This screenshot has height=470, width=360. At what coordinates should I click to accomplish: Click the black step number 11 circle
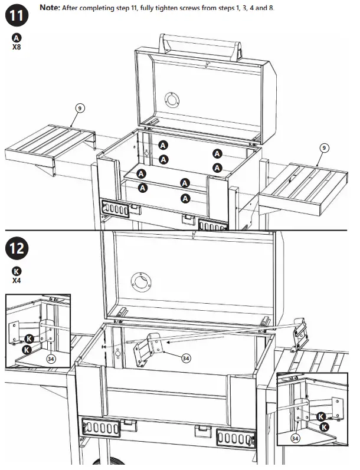coord(17,15)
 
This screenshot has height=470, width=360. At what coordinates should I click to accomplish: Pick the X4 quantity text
coord(17,281)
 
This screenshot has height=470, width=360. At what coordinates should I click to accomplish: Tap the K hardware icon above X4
coord(17,271)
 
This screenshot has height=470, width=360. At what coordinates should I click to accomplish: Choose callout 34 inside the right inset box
coord(295,438)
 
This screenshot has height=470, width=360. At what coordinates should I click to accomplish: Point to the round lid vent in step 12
coord(143,280)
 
